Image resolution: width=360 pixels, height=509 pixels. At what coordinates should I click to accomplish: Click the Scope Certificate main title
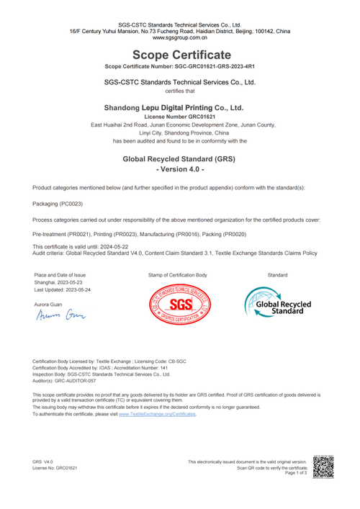point(180,55)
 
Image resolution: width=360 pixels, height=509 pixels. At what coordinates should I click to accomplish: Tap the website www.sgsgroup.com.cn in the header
point(180,38)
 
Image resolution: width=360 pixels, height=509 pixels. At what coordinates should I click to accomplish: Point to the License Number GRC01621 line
point(180,116)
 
